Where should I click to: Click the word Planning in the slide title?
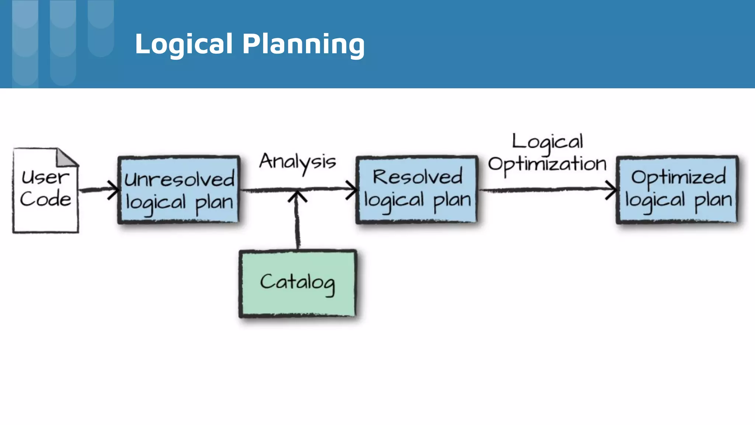(303, 44)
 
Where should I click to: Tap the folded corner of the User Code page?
(66, 158)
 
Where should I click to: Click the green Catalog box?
(298, 283)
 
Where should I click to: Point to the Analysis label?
(298, 162)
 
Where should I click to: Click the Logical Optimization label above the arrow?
(547, 153)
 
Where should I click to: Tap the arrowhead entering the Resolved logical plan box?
(352, 190)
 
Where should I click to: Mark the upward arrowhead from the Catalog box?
(297, 196)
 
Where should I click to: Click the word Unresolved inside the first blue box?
(179, 180)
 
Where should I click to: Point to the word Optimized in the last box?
(678, 177)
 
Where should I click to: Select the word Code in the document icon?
(45, 200)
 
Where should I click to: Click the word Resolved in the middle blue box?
(417, 177)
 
